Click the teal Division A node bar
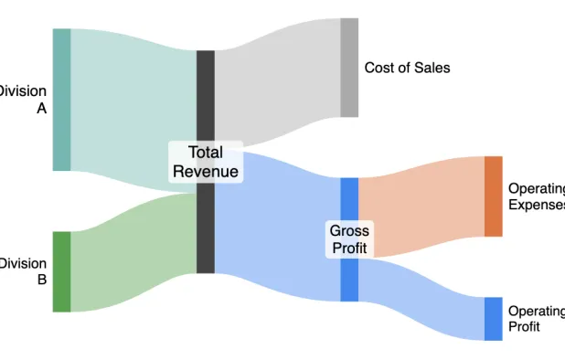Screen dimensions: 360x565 pos(61,100)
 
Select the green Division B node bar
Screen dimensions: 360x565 pos(61,271)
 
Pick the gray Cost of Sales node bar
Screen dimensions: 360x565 pos(349,68)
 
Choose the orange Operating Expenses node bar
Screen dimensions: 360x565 pos(494,196)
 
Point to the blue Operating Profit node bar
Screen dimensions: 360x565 pos(494,318)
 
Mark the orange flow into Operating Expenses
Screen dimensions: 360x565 pos(421,210)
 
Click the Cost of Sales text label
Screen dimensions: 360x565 pos(407,68)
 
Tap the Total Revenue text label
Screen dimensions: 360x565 pos(206,163)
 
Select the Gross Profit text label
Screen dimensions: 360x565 pos(349,239)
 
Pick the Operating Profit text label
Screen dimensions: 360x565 pos(536,318)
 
